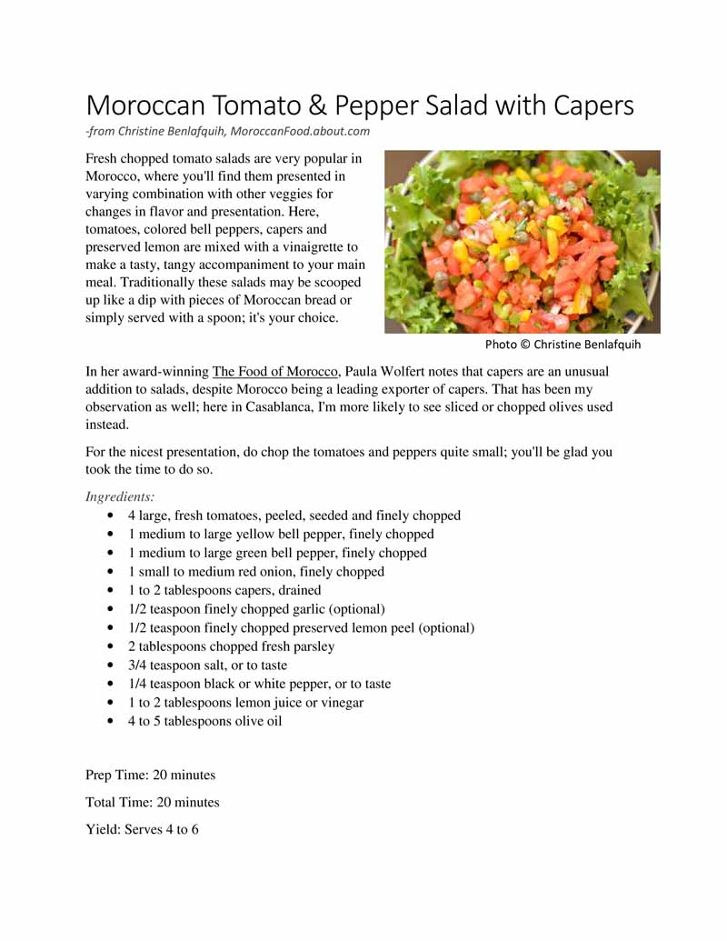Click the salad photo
coord(522,242)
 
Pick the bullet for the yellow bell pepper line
coord(110,535)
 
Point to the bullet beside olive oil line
coord(110,722)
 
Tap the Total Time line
coord(152,803)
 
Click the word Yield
coord(102,830)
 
